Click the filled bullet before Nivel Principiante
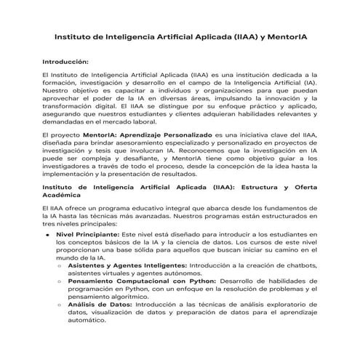click(x=48, y=236)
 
